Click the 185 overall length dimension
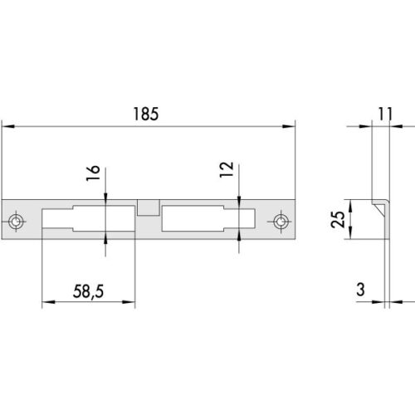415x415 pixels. point(146,114)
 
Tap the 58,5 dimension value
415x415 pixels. point(88,291)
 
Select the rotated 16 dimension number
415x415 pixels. point(93,173)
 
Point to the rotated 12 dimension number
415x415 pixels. point(227,169)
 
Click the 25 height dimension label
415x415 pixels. point(338,219)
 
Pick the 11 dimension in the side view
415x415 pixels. point(385,114)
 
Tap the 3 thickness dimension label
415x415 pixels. point(360,290)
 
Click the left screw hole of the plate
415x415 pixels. point(16,222)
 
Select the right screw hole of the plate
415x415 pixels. point(281,222)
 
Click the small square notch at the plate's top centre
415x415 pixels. point(149,207)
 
